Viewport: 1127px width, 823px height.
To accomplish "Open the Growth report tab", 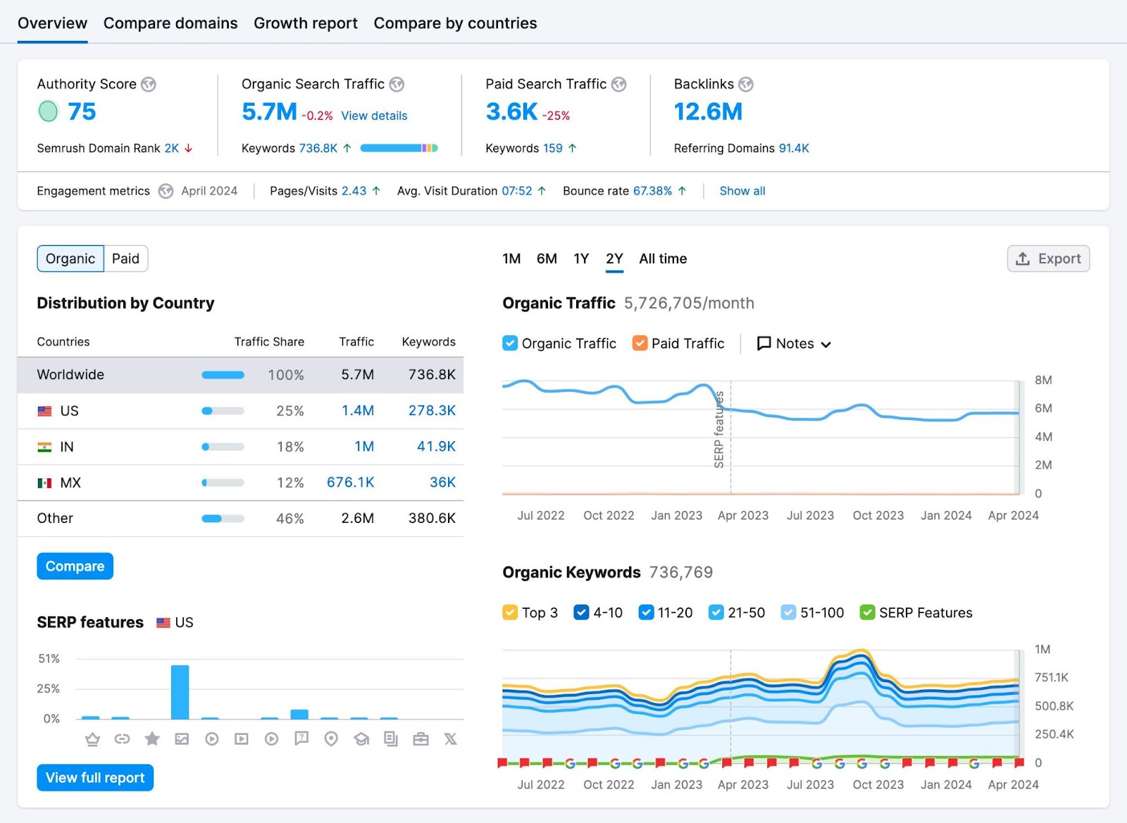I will click(x=305, y=23).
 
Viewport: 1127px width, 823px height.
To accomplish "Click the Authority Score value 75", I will click(x=82, y=111).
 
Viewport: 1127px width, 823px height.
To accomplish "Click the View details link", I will click(x=374, y=116).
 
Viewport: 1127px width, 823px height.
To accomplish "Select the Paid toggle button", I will click(x=125, y=259).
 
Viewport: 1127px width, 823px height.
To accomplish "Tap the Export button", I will click(x=1048, y=259).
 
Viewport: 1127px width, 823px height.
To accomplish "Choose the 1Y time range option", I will click(x=580, y=259).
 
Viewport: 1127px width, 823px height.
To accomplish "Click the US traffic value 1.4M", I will click(x=358, y=410).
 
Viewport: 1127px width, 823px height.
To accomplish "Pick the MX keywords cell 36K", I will click(x=442, y=482).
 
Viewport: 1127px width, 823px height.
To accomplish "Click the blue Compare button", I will click(x=75, y=566).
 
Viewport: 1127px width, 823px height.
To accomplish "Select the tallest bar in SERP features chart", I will click(x=180, y=692).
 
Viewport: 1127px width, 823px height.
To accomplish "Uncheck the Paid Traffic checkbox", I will click(x=640, y=343).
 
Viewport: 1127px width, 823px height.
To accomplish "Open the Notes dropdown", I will click(x=794, y=343).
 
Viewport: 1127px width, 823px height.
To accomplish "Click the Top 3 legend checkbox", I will click(x=510, y=612).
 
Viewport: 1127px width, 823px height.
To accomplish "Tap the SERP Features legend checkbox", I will click(x=867, y=612).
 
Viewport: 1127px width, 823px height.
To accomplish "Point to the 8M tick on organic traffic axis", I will click(x=1042, y=380).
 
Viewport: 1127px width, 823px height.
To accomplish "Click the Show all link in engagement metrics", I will click(x=742, y=191).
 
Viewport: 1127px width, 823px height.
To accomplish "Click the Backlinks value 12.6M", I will click(x=708, y=111).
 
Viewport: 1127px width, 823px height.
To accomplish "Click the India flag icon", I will click(x=44, y=447).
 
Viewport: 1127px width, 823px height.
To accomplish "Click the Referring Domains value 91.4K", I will click(x=793, y=148).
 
